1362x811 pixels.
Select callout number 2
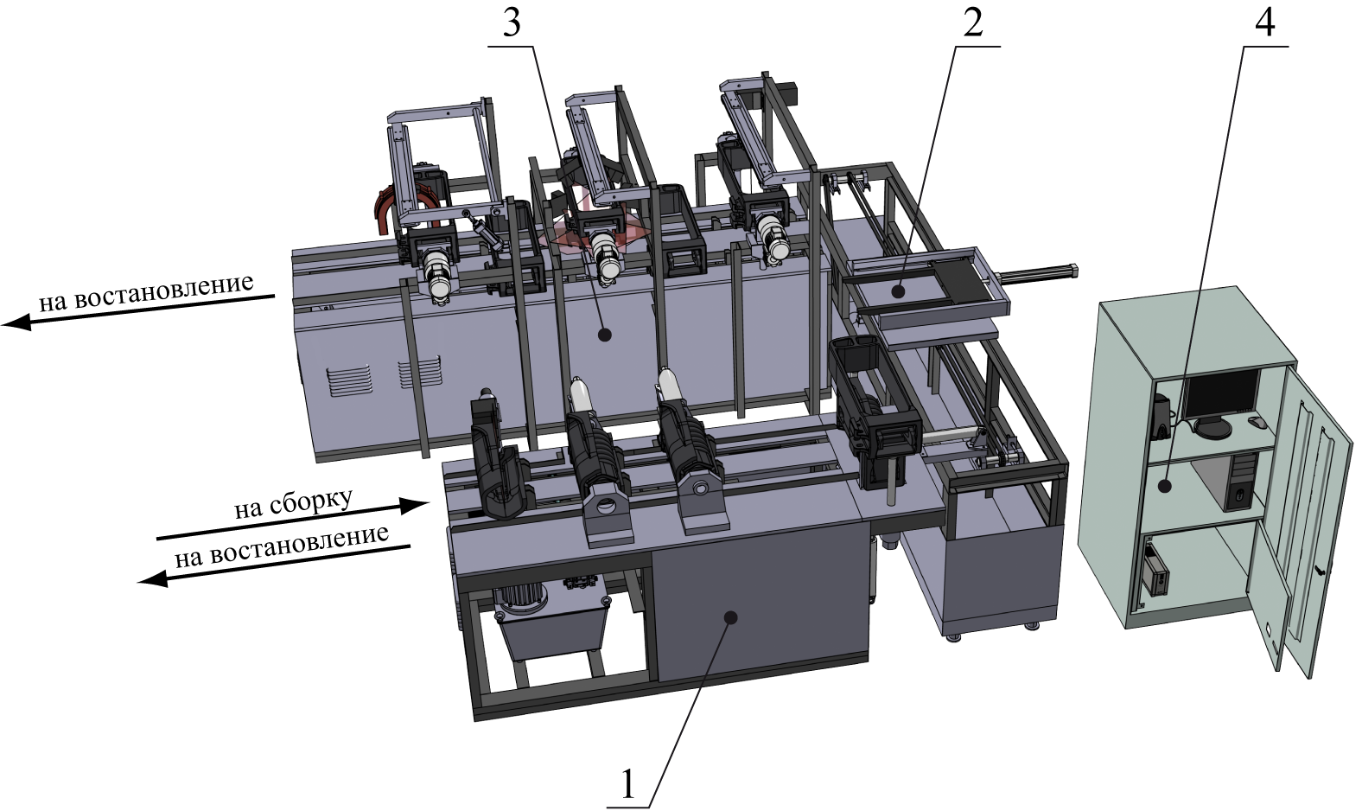[x=972, y=23]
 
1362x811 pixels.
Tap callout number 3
[x=512, y=23]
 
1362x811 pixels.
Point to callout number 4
[x=1264, y=23]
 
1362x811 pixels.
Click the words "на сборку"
[x=294, y=504]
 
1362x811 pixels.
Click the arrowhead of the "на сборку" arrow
[x=416, y=506]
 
